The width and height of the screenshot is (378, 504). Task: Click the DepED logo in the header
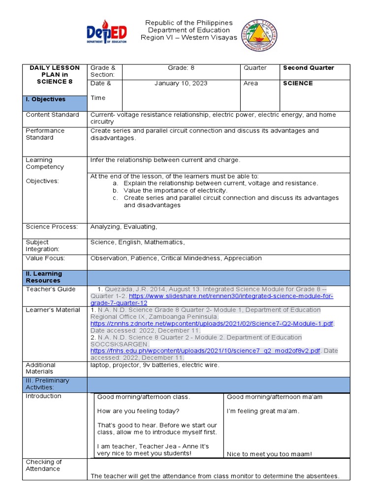[x=107, y=33]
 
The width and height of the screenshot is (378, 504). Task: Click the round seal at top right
[x=259, y=36]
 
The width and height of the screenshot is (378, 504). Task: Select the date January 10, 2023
[x=181, y=83]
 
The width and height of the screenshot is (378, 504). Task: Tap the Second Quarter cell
[x=308, y=68]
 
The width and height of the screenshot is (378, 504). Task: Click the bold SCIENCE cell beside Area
[x=298, y=83]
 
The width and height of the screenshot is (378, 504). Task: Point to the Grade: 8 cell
[x=181, y=68]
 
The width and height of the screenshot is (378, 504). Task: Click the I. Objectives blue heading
[x=46, y=99]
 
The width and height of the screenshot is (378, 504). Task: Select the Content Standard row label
[x=52, y=115]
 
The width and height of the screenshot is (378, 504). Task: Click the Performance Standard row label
[x=45, y=134]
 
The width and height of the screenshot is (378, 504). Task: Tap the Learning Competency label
[x=45, y=163]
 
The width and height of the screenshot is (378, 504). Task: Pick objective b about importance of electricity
[x=175, y=190]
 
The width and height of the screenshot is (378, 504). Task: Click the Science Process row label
[x=52, y=227]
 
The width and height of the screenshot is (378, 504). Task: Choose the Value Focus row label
[x=45, y=258]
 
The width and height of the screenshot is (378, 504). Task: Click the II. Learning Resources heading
[x=44, y=277]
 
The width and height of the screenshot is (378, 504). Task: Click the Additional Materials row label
[x=40, y=368]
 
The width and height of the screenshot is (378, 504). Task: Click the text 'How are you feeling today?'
[x=138, y=411]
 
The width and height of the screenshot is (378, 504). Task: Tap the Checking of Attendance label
[x=44, y=465]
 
